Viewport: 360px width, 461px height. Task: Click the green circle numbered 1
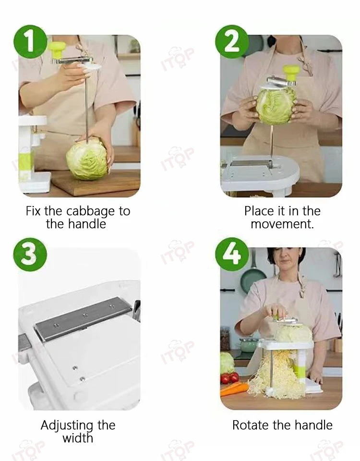pyautogui.click(x=30, y=42)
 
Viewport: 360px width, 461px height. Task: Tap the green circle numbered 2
pyautogui.click(x=232, y=42)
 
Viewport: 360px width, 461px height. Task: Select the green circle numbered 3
pyautogui.click(x=30, y=255)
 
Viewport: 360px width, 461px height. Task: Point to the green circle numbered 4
pyautogui.click(x=232, y=255)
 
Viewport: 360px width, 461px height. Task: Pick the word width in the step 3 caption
pyautogui.click(x=78, y=438)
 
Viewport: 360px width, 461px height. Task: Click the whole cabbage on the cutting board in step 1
pyautogui.click(x=86, y=159)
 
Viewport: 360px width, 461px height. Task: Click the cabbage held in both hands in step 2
pyautogui.click(x=276, y=106)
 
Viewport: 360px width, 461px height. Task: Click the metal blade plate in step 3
pyautogui.click(x=83, y=318)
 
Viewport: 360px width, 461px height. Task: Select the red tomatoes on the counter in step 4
pyautogui.click(x=229, y=378)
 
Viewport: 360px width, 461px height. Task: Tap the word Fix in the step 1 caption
pyautogui.click(x=33, y=211)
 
